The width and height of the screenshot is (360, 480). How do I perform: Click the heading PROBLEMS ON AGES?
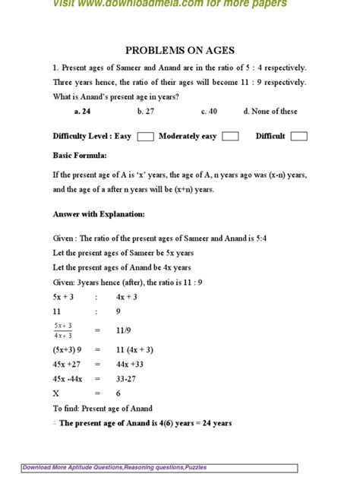pyautogui.click(x=179, y=50)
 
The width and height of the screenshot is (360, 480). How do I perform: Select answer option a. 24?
pyautogui.click(x=83, y=111)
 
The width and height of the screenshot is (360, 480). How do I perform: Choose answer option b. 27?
pyautogui.click(x=145, y=111)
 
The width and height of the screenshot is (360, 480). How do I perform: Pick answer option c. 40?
pyautogui.click(x=209, y=111)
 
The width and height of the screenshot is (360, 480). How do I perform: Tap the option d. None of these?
pyautogui.click(x=270, y=111)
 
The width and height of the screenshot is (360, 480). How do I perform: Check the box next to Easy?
pyautogui.click(x=146, y=137)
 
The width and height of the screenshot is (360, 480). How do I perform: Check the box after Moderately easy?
pyautogui.click(x=230, y=137)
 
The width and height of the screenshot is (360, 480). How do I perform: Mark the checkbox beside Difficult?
pyautogui.click(x=298, y=137)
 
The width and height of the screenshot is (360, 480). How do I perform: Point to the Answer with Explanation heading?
pyautogui.click(x=99, y=213)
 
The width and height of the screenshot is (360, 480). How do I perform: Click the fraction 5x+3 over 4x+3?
pyautogui.click(x=63, y=330)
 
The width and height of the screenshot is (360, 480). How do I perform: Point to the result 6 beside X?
pyautogui.click(x=118, y=393)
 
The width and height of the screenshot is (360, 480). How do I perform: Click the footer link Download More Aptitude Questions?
pyautogui.click(x=114, y=468)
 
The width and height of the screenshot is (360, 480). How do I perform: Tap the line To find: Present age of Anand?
pyautogui.click(x=103, y=409)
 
